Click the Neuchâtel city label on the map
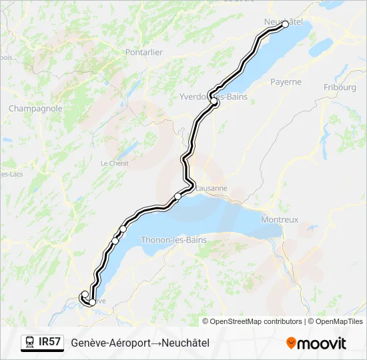coord(283,22)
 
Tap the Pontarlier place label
coord(143,52)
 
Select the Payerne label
coord(286,82)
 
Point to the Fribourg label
coord(340,87)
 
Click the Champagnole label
coord(35,108)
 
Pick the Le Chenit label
coord(113,163)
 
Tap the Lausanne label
coord(212,188)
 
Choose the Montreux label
coord(280,219)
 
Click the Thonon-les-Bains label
coord(173,240)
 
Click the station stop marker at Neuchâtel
coord(286,24)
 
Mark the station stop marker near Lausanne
coord(177,196)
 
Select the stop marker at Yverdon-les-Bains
coord(215,103)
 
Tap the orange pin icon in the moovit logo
coord(292,343)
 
